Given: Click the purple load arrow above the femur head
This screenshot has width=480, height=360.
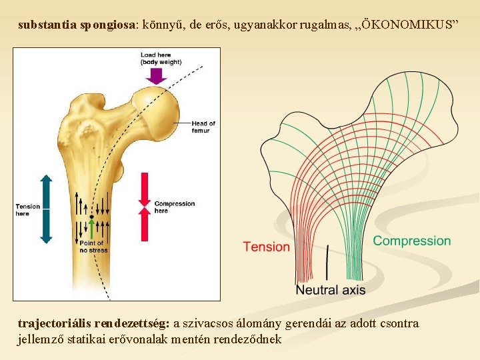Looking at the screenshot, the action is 156,75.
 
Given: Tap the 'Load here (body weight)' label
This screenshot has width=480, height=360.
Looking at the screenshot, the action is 161,59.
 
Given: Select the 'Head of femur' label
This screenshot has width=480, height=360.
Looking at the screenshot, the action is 203,127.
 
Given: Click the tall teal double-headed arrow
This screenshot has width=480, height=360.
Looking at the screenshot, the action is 46,208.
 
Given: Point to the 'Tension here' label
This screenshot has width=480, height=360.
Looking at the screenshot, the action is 28,210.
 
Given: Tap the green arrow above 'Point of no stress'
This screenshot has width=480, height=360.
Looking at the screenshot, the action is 91,228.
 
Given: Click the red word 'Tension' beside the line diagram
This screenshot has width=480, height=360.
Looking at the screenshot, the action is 266,247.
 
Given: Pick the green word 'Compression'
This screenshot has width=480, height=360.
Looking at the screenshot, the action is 411,241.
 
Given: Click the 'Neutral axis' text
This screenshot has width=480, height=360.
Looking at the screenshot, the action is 330,290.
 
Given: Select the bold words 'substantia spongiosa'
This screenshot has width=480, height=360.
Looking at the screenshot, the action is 77,26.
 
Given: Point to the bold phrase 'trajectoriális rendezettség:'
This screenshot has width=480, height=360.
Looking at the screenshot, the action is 93,324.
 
